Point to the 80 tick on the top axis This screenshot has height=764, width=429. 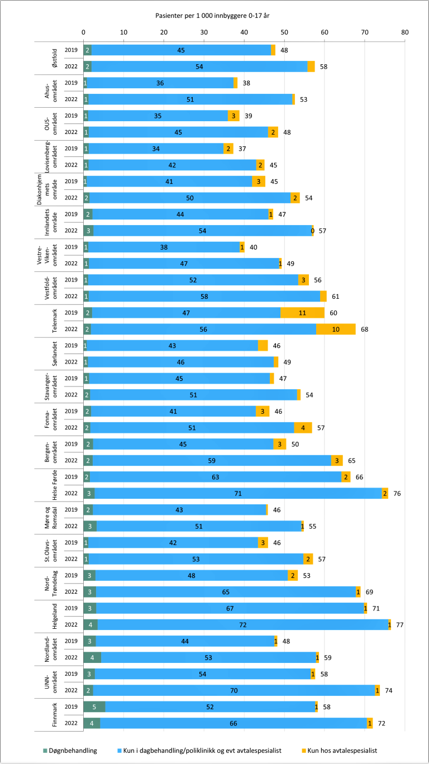click(x=404, y=32)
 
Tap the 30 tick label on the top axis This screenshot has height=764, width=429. click(x=204, y=32)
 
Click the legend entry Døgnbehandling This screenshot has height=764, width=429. click(x=71, y=750)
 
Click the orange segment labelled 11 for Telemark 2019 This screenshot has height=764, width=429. click(x=302, y=313)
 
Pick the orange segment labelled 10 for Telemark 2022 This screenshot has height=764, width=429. click(x=336, y=330)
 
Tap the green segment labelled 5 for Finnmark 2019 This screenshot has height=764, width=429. click(x=94, y=691)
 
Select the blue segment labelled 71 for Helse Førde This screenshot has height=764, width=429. click(x=238, y=494)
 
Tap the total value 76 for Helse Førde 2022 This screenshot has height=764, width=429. click(x=397, y=494)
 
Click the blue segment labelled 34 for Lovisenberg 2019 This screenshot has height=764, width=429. click(x=155, y=149)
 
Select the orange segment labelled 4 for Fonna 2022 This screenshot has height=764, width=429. click(x=303, y=428)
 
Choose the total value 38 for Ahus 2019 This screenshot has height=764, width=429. click(x=246, y=83)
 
